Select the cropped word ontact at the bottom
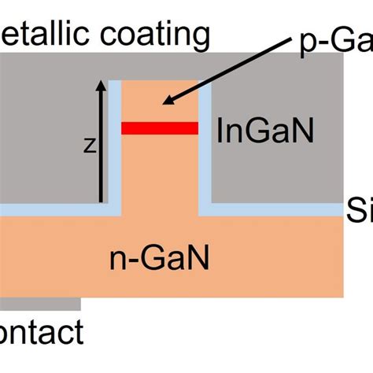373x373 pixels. point(41,334)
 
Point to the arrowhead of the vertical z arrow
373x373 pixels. point(100,83)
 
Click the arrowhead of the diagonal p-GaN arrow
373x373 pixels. point(164,102)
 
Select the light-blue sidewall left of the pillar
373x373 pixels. point(116,142)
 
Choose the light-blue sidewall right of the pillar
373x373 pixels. point(205,142)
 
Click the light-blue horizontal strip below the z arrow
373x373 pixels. point(55,210)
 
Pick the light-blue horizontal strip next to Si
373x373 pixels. point(275,210)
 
